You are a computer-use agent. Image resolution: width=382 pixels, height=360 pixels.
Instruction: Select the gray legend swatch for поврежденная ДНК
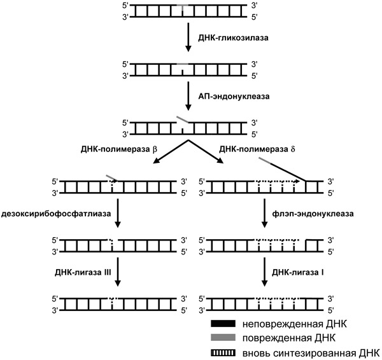tap(223, 337)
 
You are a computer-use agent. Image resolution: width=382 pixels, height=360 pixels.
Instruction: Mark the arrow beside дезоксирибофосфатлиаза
tap(118, 217)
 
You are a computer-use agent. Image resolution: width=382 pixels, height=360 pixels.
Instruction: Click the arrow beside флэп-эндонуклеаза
tap(264, 217)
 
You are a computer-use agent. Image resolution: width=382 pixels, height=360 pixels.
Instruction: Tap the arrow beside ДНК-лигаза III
tap(118, 273)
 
